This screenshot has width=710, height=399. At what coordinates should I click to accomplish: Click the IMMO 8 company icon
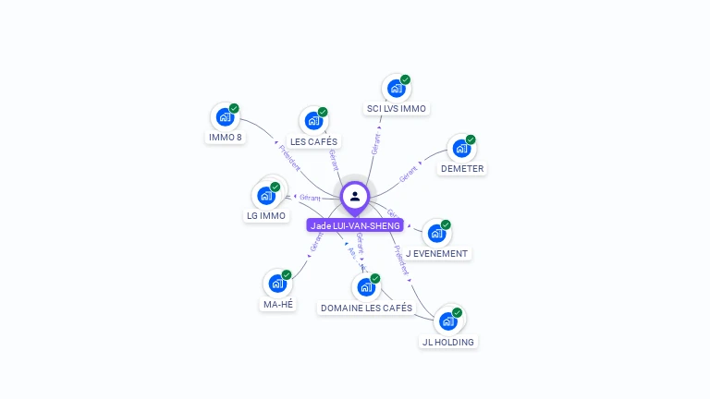click(224, 117)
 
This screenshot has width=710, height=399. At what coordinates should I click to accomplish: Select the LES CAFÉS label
click(314, 141)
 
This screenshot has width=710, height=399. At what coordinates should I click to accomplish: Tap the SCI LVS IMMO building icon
click(396, 89)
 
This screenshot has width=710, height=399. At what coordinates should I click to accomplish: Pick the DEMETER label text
click(462, 169)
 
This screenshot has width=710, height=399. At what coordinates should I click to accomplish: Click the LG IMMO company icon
click(265, 195)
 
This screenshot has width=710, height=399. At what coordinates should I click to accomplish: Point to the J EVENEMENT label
click(437, 253)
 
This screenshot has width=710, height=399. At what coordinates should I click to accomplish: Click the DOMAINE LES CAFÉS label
click(366, 308)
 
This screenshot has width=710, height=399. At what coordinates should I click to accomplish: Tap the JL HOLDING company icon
click(447, 321)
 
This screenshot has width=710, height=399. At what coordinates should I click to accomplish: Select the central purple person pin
click(355, 197)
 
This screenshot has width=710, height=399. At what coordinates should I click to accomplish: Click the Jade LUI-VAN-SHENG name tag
click(355, 225)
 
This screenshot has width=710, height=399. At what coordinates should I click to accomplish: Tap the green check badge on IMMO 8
click(234, 108)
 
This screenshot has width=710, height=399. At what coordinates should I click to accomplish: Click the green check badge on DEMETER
click(471, 139)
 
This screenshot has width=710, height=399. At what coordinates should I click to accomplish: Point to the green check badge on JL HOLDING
click(457, 312)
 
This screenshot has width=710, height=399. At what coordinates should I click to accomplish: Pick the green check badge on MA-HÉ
click(287, 274)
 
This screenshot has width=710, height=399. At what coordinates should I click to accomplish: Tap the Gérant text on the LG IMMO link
click(310, 198)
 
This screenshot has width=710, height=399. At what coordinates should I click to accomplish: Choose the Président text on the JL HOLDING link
click(399, 260)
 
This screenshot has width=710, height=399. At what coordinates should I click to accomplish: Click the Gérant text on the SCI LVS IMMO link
click(375, 143)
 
